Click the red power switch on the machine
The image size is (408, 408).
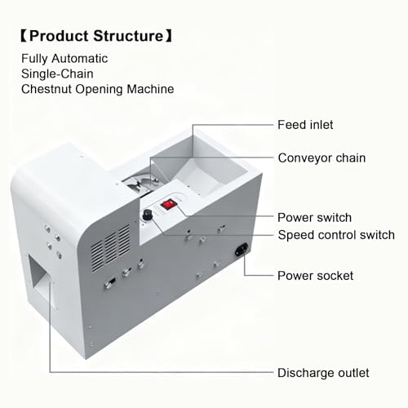click(x=168, y=204)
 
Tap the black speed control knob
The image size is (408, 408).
click(x=148, y=215)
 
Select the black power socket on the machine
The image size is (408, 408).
click(x=242, y=250)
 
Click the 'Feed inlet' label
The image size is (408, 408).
click(x=305, y=125)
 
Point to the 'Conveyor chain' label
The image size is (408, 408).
click(x=322, y=158)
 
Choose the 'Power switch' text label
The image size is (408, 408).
click(x=314, y=218)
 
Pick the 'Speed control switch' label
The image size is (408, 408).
click(x=336, y=235)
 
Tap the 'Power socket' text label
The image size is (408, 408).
click(x=315, y=276)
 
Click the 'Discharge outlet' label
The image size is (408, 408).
click(x=323, y=373)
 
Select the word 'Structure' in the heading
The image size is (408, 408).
click(x=128, y=36)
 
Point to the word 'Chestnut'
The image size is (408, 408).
click(x=47, y=89)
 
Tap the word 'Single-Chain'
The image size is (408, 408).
click(x=57, y=74)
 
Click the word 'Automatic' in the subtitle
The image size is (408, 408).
click(x=80, y=59)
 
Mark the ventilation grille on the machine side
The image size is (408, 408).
click(x=110, y=248)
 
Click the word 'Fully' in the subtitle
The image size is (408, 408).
click(x=35, y=59)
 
